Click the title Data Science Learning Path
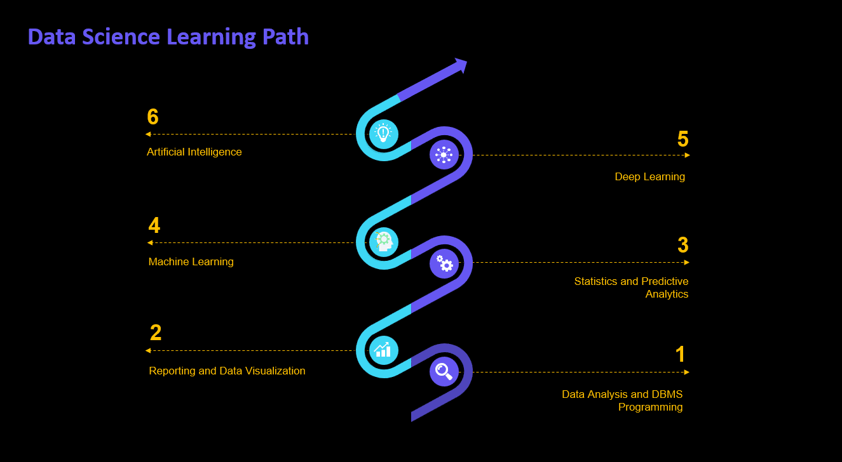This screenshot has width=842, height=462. [x=168, y=37]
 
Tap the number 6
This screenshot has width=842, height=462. [x=153, y=117]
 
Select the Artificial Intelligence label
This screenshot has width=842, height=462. [x=194, y=152]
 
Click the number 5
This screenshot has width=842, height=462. [x=683, y=139]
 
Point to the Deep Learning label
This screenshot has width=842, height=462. [x=649, y=177]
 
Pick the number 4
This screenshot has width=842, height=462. [x=154, y=226]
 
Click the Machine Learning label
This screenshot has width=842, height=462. [x=191, y=262]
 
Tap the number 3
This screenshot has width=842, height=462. [x=683, y=245]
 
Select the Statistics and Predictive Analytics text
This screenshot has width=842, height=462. [x=631, y=287]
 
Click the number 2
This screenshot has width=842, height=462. [x=156, y=333]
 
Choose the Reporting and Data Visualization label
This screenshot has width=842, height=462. [x=227, y=371]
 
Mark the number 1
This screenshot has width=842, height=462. [x=681, y=355]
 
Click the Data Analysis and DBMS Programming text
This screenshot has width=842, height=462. [x=622, y=401]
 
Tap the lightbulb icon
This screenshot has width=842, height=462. [x=383, y=133]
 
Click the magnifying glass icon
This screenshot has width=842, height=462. [x=444, y=371]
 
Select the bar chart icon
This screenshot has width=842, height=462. [x=383, y=349]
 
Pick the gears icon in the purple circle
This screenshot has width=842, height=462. [x=444, y=263]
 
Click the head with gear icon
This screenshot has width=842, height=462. [x=383, y=241]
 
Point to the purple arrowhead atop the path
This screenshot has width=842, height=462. [x=461, y=65]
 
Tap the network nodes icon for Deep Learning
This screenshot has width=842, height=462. [x=444, y=154]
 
